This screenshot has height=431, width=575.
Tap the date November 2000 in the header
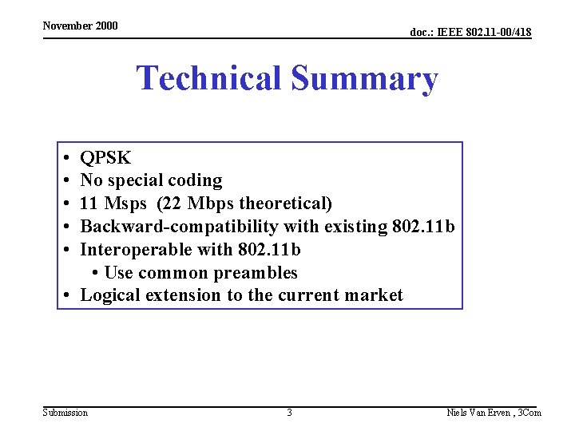80,26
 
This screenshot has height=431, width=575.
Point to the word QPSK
105,158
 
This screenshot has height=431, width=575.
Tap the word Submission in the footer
65,412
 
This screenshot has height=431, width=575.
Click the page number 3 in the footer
289,412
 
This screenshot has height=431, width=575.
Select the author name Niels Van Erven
478,412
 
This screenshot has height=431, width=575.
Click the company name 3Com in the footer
529,412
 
